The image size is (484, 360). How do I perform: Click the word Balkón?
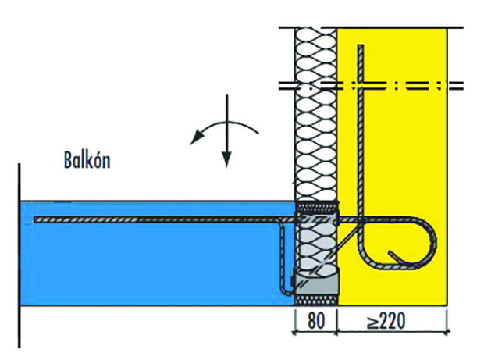pyautogui.click(x=87, y=160)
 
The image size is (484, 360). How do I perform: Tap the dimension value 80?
pyautogui.click(x=316, y=320)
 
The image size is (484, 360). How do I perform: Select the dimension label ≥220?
pyautogui.click(x=386, y=321)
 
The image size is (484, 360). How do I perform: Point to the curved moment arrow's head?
pyautogui.click(x=196, y=137)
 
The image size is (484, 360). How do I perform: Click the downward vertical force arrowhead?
pyautogui.click(x=227, y=159)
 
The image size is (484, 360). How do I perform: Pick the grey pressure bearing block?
pyautogui.click(x=316, y=282)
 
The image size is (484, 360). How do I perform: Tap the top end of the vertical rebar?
pyautogui.click(x=361, y=46)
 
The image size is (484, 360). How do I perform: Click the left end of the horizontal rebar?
pyautogui.click(x=35, y=219)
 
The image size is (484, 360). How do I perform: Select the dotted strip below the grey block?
pyautogui.click(x=316, y=300)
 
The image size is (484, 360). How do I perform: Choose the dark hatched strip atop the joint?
pyautogui.click(x=317, y=205)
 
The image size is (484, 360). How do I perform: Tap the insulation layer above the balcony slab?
pyautogui.click(x=315, y=114)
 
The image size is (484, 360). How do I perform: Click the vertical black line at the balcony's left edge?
pyautogui.click(x=20, y=255)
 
